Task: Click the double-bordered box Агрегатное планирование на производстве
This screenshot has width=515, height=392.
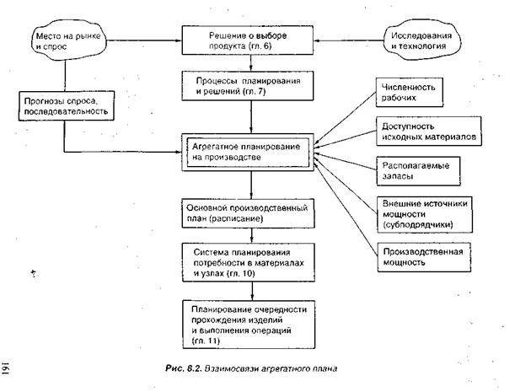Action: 249,149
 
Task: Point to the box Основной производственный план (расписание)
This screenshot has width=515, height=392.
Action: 249,212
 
